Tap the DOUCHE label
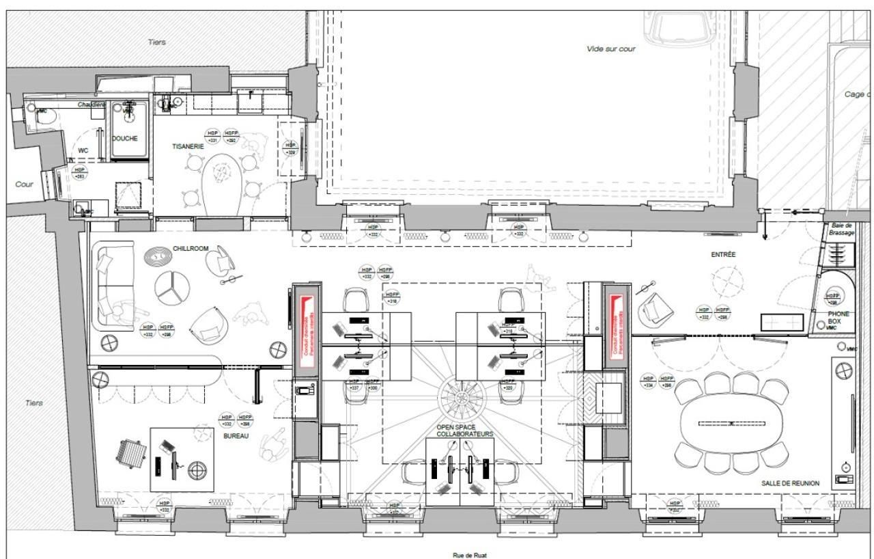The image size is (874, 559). [125, 138]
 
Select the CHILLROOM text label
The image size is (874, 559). [191, 249]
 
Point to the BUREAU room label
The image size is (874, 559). [235, 435]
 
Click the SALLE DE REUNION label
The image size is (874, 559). [790, 483]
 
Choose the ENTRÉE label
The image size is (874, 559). [723, 254]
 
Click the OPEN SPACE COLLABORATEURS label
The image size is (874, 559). [464, 431]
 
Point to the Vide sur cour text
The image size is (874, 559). [610, 49]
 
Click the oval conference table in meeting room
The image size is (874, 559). [731, 424]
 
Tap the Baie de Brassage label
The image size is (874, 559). [841, 229]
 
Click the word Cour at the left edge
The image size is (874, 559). [24, 185]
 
